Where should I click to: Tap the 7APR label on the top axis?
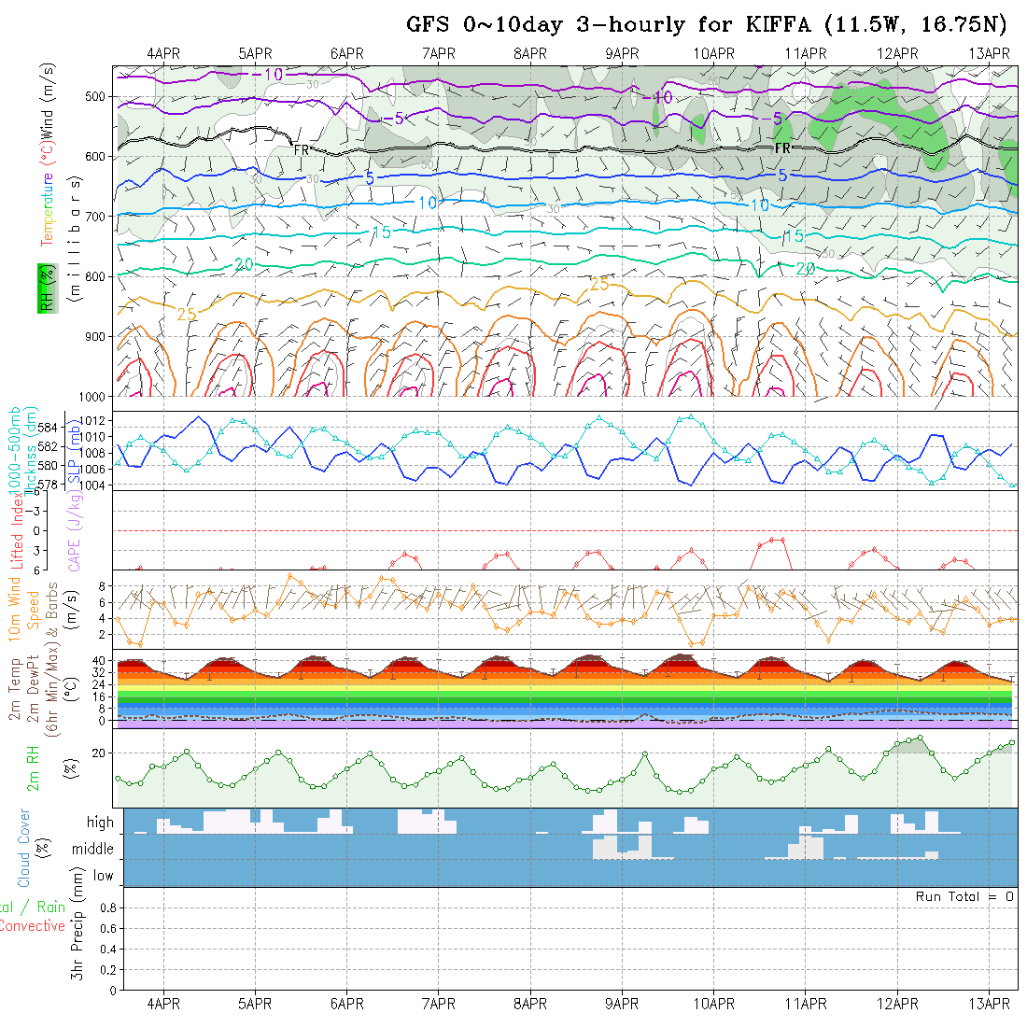[438, 53]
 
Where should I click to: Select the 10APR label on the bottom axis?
[713, 1004]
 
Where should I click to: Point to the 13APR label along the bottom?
[989, 1004]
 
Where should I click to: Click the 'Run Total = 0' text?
[964, 896]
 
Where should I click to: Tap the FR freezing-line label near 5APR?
[301, 149]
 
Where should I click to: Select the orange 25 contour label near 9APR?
[598, 284]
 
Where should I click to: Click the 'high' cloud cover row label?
[100, 823]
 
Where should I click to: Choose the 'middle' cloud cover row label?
[93, 849]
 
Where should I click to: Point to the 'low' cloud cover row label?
[103, 876]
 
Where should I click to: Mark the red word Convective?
[32, 926]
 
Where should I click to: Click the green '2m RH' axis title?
[33, 767]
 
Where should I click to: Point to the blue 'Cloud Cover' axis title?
[24, 848]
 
